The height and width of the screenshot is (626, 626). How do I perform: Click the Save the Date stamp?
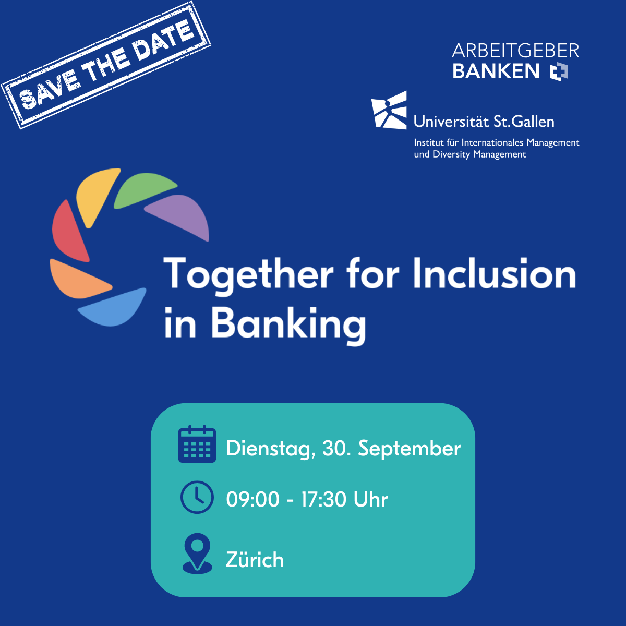pos(106,65)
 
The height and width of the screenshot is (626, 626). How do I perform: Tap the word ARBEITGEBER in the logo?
pos(515,51)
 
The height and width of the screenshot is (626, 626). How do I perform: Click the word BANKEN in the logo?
pos(496,71)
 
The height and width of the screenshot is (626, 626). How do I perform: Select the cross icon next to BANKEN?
pos(559,71)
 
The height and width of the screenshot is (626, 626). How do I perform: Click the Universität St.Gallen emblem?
pos(389,111)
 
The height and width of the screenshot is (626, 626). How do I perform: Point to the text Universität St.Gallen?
pos(484,122)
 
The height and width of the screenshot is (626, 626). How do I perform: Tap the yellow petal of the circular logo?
pos(96,196)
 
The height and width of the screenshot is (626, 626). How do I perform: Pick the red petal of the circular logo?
pos(69,232)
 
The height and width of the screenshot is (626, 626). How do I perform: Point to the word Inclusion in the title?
pos(495,273)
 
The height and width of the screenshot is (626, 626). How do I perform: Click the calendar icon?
pos(197,443)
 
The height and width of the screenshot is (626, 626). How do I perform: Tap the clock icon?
pos(197,497)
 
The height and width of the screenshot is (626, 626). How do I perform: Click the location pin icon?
pos(197,553)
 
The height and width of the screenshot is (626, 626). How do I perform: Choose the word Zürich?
pos(255,559)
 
